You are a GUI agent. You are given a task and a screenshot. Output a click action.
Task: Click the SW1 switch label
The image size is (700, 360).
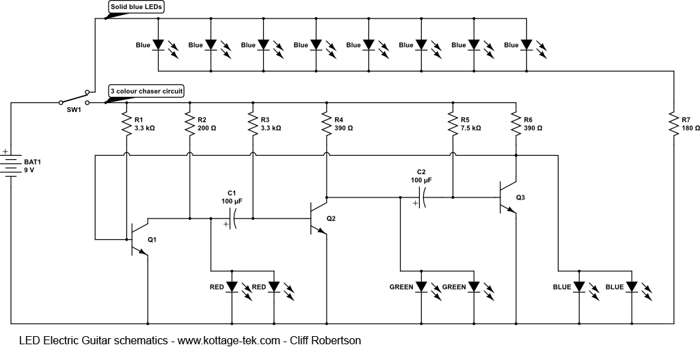pyautogui.click(x=74, y=109)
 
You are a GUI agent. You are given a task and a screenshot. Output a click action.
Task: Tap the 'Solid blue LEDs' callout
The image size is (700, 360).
pyautogui.click(x=139, y=7)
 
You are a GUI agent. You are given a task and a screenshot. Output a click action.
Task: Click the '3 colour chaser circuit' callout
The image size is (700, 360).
pyautogui.click(x=146, y=91)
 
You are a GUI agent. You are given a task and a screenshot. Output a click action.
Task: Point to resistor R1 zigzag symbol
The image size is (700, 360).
pyautogui.click(x=126, y=124)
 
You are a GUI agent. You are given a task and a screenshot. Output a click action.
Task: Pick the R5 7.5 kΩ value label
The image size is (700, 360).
pyautogui.click(x=471, y=128)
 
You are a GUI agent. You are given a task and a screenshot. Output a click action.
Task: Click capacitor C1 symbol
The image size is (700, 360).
pyautogui.click(x=233, y=219)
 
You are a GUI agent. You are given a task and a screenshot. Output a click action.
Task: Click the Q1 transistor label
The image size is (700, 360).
pyautogui.click(x=152, y=239)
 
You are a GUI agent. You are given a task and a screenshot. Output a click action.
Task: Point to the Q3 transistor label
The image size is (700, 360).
pyautogui.click(x=521, y=197)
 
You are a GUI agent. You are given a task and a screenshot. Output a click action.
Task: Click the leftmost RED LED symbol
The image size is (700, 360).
pyautogui.click(x=232, y=287)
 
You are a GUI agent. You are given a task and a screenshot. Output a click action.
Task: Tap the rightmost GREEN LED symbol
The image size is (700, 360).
pyautogui.click(x=474, y=287)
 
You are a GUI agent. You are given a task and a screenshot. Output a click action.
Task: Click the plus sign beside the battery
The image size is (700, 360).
pyautogui.click(x=5, y=152)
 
